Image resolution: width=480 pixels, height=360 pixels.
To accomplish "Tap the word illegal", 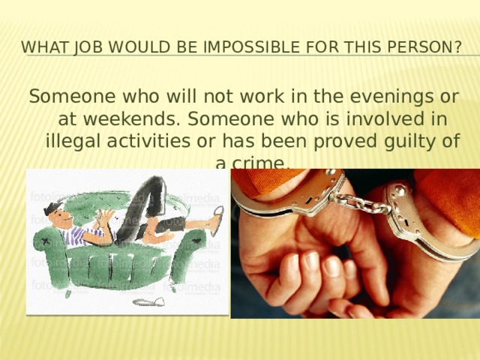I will tap(75, 141).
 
